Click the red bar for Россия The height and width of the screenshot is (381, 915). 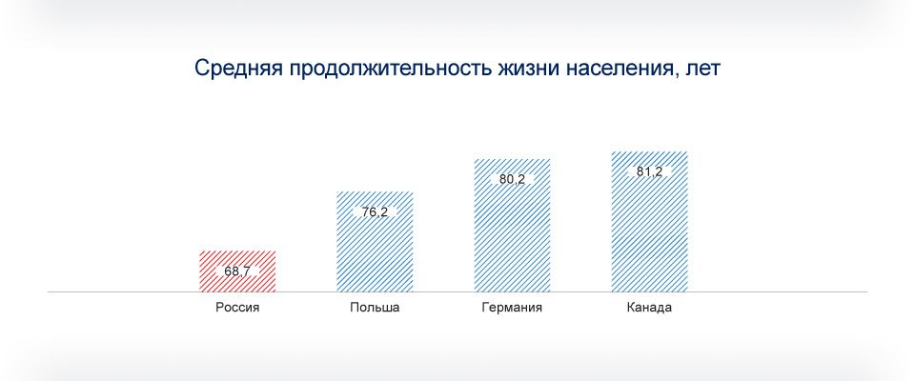tap(237, 271)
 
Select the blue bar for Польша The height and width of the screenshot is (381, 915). tap(375, 242)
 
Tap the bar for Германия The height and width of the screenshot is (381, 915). tap(513, 225)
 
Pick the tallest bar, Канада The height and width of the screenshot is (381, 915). tap(649, 222)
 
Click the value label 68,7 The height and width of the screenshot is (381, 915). tap(237, 271)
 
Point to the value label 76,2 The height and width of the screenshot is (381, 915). tap(375, 212)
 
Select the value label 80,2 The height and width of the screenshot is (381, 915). tap(513, 179)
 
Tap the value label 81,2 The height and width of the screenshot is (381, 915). tap(649, 172)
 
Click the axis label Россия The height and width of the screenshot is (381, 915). tap(237, 308)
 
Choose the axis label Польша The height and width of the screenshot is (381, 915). tap(375, 308)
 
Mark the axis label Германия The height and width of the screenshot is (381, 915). tap(513, 308)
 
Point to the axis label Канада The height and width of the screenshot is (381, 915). tap(649, 308)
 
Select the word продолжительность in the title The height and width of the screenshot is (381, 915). tap(386, 69)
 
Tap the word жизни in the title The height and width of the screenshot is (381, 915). tap(526, 69)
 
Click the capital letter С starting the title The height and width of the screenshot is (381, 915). tap(202, 69)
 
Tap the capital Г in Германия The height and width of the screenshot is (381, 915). tap(485, 308)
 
